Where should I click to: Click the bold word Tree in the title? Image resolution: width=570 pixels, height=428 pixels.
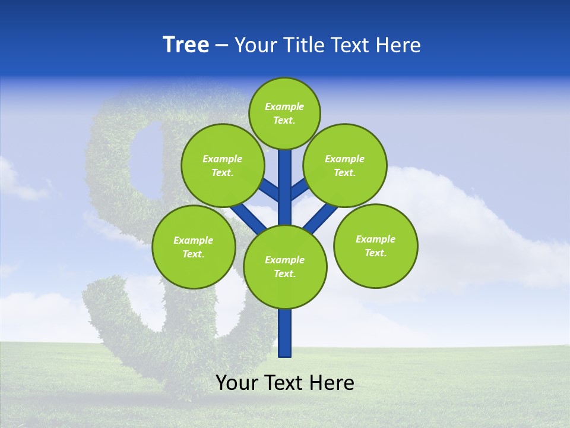(x=186, y=45)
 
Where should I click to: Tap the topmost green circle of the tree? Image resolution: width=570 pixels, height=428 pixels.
(x=284, y=113)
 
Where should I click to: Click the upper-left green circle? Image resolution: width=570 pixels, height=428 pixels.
(x=222, y=165)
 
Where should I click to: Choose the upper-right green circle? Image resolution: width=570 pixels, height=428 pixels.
(x=344, y=165)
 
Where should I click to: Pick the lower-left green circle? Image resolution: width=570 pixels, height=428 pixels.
(x=193, y=247)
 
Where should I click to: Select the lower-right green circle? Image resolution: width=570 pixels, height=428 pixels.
(x=375, y=246)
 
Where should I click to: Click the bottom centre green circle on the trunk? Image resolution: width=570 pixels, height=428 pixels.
(x=285, y=266)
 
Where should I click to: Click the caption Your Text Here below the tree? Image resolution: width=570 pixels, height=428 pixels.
(x=285, y=383)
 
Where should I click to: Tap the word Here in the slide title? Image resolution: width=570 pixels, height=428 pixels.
(x=398, y=45)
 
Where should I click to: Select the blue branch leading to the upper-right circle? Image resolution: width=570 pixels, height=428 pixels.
(x=299, y=190)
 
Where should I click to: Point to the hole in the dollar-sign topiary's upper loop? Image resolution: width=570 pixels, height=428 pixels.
(x=146, y=158)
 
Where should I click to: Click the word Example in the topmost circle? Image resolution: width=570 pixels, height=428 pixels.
(x=284, y=106)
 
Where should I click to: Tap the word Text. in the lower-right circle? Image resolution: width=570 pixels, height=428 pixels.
(x=375, y=253)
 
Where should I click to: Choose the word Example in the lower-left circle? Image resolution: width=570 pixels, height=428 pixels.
(x=193, y=240)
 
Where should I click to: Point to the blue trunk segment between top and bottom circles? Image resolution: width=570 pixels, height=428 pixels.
(x=285, y=190)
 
